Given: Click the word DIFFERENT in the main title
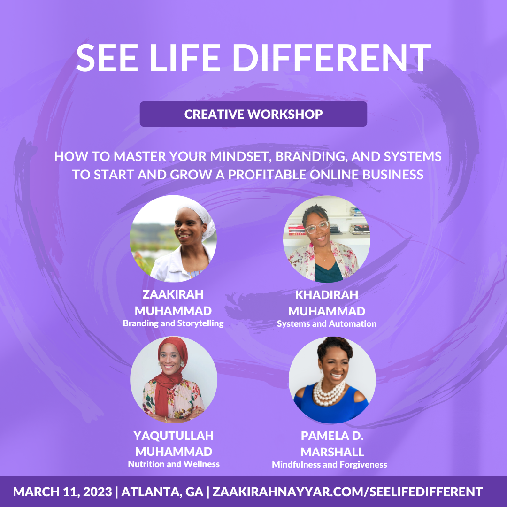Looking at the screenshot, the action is (332, 58).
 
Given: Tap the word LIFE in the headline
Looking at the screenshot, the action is (185, 58).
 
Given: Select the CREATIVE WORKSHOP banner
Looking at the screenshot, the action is (253, 114).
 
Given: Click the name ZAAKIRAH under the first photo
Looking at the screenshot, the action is (173, 294).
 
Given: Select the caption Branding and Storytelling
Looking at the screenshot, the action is (173, 323).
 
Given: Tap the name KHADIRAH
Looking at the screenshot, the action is (327, 295).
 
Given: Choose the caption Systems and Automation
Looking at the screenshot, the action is (327, 323).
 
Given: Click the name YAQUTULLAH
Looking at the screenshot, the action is (174, 436).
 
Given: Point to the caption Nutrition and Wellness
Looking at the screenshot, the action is (174, 464).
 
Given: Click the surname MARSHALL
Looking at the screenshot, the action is (332, 452).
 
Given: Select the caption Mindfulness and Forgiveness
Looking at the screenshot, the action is (330, 465).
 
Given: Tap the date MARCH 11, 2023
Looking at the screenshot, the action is (62, 492).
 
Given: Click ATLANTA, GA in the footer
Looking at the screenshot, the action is (162, 492).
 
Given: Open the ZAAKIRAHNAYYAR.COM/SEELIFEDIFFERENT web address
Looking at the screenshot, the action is (347, 492).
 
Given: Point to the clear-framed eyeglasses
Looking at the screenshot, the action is (317, 227).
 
